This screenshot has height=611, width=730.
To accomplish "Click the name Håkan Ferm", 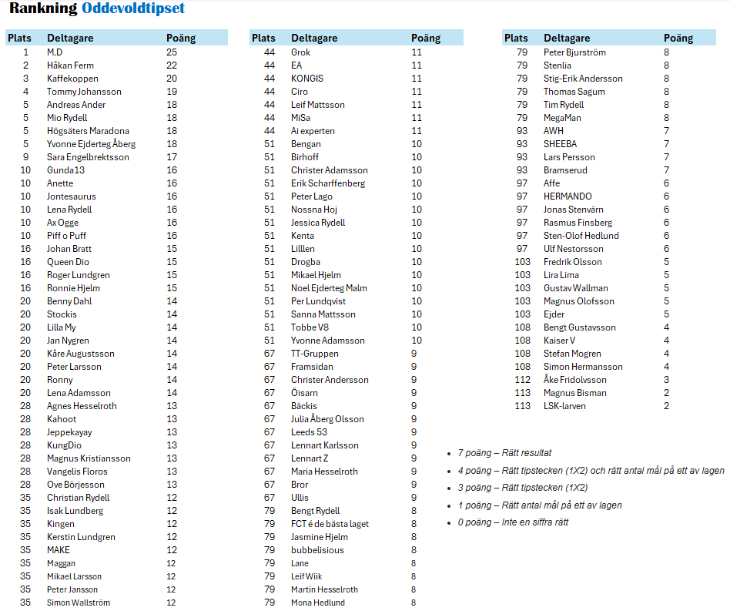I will coord(70,65).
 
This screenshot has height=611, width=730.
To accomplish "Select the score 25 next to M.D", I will coord(172,52).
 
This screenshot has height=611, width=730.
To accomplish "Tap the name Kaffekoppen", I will coord(72,79).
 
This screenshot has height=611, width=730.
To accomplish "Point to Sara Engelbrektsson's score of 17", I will coord(172,157).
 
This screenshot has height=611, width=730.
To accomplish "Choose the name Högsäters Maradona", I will coord(88,131).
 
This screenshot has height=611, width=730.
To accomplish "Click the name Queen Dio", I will coord(68,262).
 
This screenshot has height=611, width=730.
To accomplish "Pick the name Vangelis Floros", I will coord(77,472).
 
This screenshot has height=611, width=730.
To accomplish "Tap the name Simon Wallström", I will coord(79,603).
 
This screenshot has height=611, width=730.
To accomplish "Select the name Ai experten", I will coord(313,131).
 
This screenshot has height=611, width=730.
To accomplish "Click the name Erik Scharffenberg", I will coord(328,183).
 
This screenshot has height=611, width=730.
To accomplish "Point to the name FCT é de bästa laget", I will coord(330,524).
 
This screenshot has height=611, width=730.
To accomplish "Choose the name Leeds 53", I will coord(309,432).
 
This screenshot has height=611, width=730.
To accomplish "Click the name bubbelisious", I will coord(317,550).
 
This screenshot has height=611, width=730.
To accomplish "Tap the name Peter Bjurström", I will coord(574,52).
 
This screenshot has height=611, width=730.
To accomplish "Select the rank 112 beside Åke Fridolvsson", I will coord(522,380).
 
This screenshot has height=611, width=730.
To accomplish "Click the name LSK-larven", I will coord(564,406).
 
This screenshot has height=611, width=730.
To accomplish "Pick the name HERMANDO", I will coord(568,196).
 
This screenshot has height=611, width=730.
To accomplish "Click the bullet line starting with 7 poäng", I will coord(504,453).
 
